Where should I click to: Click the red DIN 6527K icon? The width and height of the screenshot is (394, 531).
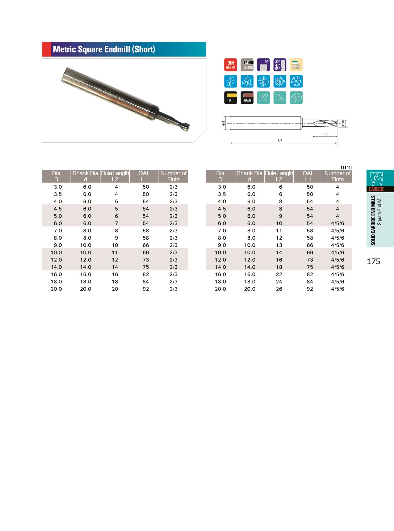pyautogui.click(x=231, y=65)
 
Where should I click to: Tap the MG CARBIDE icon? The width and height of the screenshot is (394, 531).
pyautogui.click(x=247, y=65)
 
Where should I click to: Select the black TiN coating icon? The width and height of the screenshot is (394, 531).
pyautogui.click(x=231, y=98)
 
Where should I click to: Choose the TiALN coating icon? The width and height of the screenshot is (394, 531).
pyautogui.click(x=247, y=98)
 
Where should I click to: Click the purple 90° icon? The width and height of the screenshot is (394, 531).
pyautogui.click(x=263, y=65)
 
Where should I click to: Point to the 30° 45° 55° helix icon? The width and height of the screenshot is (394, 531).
pyautogui.click(x=280, y=65)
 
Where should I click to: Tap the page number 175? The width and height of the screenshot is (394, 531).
pyautogui.click(x=373, y=261)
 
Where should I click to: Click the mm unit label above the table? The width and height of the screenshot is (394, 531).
pyautogui.click(x=346, y=167)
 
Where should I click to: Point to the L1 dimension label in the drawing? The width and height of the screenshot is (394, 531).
pyautogui.click(x=280, y=140)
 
